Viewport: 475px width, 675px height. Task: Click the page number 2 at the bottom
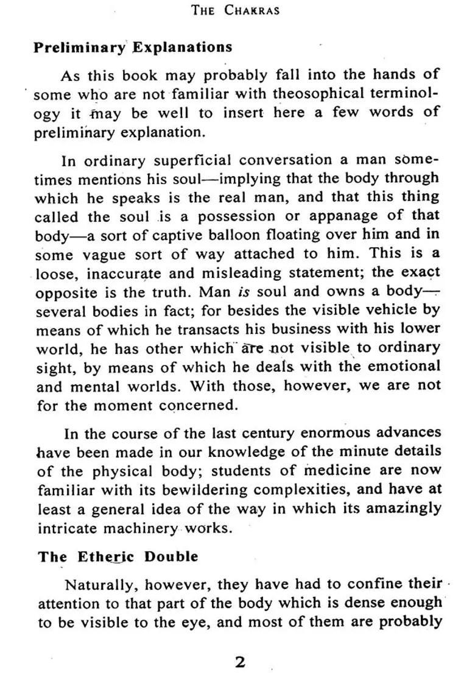[x=240, y=662]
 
